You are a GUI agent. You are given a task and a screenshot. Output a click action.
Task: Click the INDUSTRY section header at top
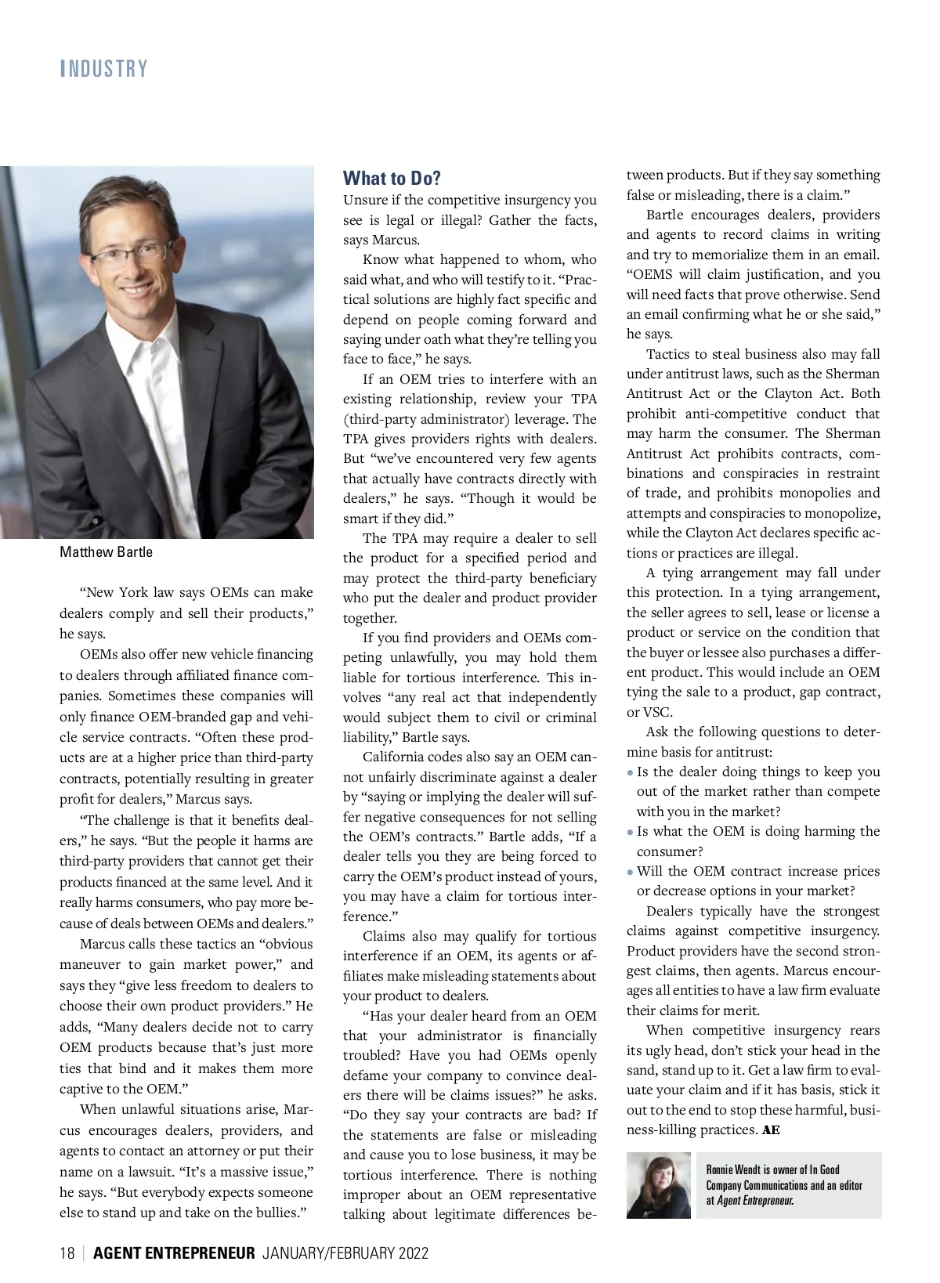pyautogui.click(x=104, y=69)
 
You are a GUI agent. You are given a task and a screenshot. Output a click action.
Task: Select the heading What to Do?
pyautogui.click(x=392, y=179)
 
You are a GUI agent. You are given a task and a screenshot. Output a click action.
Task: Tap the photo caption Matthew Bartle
pyautogui.click(x=106, y=552)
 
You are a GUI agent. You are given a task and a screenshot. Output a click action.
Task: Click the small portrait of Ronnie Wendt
pyautogui.click(x=658, y=1185)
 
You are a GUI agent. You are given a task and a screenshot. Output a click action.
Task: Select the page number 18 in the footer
pyautogui.click(x=67, y=1253)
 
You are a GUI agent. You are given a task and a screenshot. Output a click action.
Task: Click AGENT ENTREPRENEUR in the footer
pyautogui.click(x=174, y=1253)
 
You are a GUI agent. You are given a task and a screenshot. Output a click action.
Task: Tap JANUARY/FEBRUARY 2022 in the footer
pyautogui.click(x=345, y=1253)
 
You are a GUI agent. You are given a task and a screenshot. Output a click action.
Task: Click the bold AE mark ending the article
pyautogui.click(x=771, y=1130)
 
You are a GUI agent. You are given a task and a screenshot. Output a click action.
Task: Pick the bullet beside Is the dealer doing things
pyautogui.click(x=631, y=772)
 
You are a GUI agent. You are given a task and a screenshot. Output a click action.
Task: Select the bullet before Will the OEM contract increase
pyautogui.click(x=631, y=872)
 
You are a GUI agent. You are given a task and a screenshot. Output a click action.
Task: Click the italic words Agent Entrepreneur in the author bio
pyautogui.click(x=754, y=1200)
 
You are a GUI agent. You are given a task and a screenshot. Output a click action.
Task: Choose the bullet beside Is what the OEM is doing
pyautogui.click(x=631, y=832)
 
